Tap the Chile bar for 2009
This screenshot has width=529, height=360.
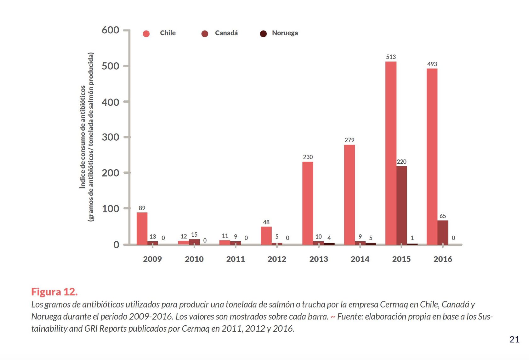pos(142,228)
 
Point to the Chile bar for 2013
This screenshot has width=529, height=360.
pos(308,203)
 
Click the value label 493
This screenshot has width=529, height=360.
pos(432,64)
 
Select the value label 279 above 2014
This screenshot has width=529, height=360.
pos(349,140)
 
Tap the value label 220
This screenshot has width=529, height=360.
pos(401,162)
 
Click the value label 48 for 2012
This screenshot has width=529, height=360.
pos(266,222)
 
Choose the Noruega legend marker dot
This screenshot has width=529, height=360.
pos(263,34)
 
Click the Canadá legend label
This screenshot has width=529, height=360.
pos(226,33)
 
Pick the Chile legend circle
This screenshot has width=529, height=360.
pos(146,34)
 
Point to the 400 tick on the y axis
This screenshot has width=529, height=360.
pos(110,102)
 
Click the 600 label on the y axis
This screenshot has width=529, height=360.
pos(110,30)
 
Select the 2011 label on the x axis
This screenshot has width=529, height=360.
pos(236,259)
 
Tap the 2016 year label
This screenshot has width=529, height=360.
pos(443,259)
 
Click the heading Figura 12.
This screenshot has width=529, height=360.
pos(54,292)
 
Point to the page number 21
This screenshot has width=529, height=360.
pos(514,340)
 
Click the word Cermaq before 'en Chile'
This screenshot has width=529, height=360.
pos(392,305)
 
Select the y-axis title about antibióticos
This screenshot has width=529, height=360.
pos(86,137)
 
